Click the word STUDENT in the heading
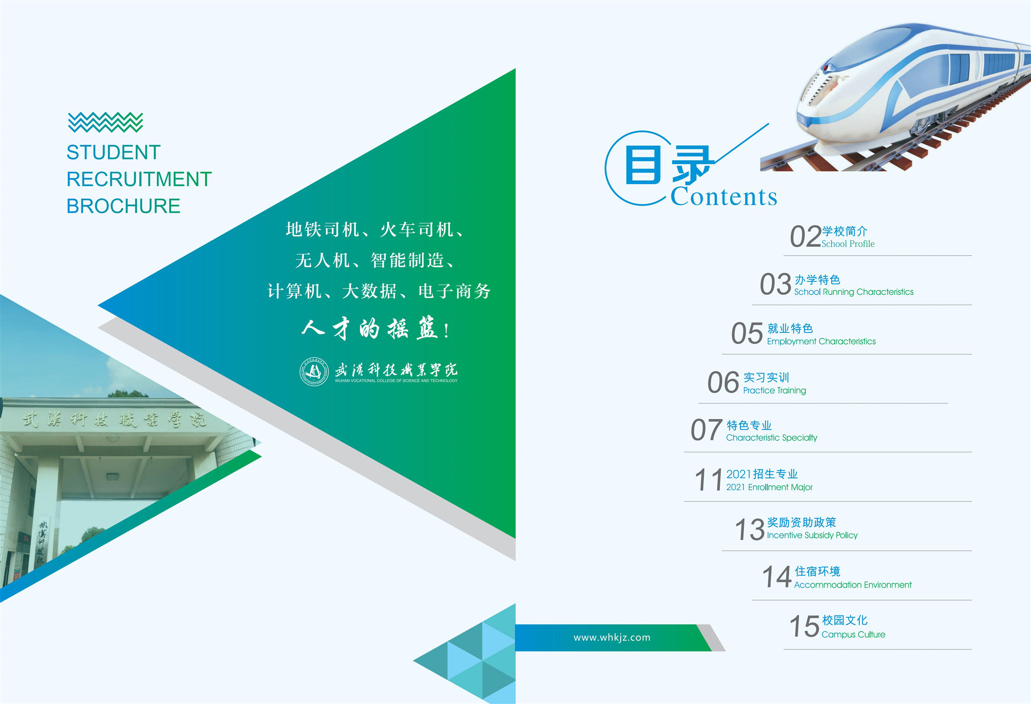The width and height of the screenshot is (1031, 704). [113, 153]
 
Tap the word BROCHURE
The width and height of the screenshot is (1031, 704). [123, 206]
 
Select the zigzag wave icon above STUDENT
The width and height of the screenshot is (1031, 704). [105, 122]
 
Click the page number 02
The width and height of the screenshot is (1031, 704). [805, 237]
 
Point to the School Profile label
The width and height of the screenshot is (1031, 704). [848, 244]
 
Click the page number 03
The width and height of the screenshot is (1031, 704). [775, 284]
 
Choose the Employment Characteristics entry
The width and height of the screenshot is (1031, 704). [821, 341]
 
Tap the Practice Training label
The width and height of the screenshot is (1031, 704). [774, 391]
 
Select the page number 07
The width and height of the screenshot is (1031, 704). [706, 430]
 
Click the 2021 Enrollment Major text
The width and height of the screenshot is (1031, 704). [769, 487]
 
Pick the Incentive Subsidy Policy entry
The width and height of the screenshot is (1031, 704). [812, 535]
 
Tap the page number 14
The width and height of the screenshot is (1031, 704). [776, 577]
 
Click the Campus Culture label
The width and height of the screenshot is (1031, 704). [853, 634]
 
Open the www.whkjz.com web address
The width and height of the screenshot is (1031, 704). [612, 638]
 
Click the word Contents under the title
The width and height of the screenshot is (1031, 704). [724, 197]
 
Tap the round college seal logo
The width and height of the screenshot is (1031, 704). [314, 372]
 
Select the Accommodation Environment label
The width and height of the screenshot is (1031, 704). [853, 585]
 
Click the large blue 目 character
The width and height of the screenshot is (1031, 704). [643, 165]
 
